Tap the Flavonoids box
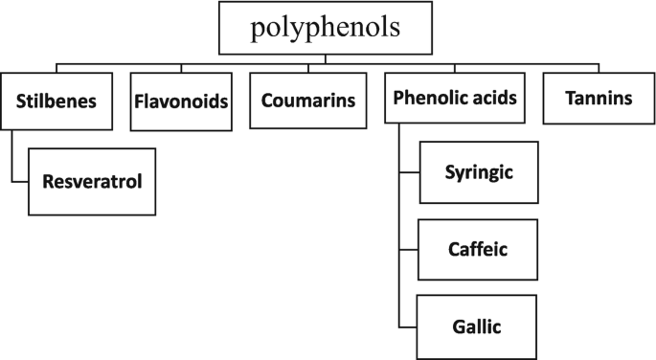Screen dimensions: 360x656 pyautogui.click(x=181, y=100)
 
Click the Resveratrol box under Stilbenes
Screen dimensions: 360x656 pyautogui.click(x=92, y=180)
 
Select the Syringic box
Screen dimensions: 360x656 pyautogui.click(x=479, y=172)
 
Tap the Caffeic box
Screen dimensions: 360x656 pyautogui.click(x=479, y=249)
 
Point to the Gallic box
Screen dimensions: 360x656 pyautogui.click(x=479, y=326)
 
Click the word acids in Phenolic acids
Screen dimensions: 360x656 pyautogui.click(x=498, y=98)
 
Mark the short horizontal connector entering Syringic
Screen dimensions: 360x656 pyautogui.click(x=408, y=173)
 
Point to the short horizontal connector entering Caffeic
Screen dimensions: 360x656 pyautogui.click(x=408, y=250)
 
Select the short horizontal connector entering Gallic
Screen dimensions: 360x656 pyautogui.click(x=408, y=326)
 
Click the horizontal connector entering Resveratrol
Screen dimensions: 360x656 pyautogui.click(x=20, y=181)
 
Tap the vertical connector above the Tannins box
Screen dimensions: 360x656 pyautogui.click(x=599, y=69)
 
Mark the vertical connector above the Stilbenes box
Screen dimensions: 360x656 pyautogui.click(x=56, y=69)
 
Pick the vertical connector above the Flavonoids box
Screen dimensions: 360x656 pyautogui.click(x=181, y=69)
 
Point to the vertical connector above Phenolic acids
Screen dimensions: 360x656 pyautogui.click(x=456, y=69)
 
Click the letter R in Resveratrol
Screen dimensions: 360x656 pyautogui.click(x=47, y=180)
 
